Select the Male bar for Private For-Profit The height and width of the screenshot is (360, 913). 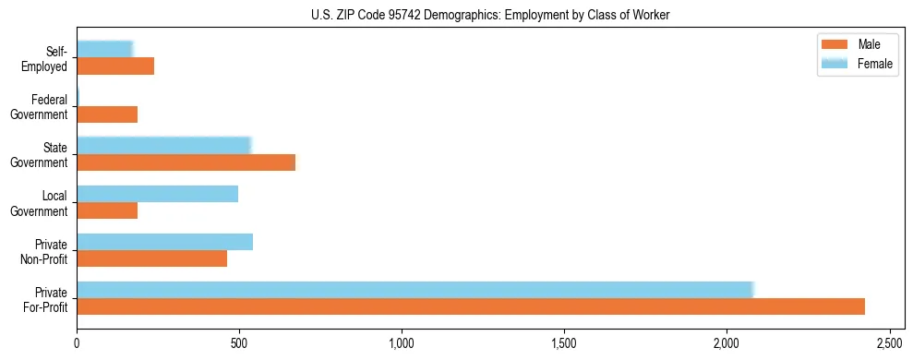click(471, 306)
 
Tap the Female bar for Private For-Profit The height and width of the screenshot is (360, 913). click(415, 290)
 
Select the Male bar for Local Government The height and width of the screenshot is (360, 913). click(107, 210)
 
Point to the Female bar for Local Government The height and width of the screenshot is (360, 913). click(158, 194)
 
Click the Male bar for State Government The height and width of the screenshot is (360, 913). click(186, 162)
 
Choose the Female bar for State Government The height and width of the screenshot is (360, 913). click(164, 146)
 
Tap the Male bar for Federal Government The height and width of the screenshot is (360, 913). click(107, 114)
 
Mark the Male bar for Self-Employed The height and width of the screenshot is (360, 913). click(115, 66)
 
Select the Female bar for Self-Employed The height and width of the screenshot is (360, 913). click(105, 50)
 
